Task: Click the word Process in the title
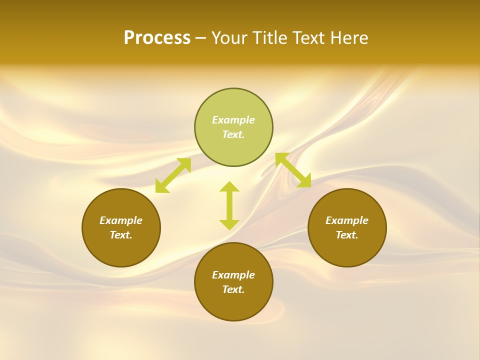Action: pyautogui.click(x=157, y=38)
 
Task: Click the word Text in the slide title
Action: pyautogui.click(x=310, y=38)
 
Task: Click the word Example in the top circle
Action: pyautogui.click(x=233, y=120)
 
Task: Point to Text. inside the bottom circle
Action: pyautogui.click(x=233, y=289)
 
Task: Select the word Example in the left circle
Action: pyautogui.click(x=121, y=220)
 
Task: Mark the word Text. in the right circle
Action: pyautogui.click(x=347, y=235)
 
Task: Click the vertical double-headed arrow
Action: pyautogui.click(x=229, y=206)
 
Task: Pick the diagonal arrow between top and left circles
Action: pyautogui.click(x=173, y=175)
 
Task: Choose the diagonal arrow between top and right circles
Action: pyautogui.click(x=293, y=170)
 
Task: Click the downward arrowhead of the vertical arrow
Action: pyautogui.click(x=229, y=224)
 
